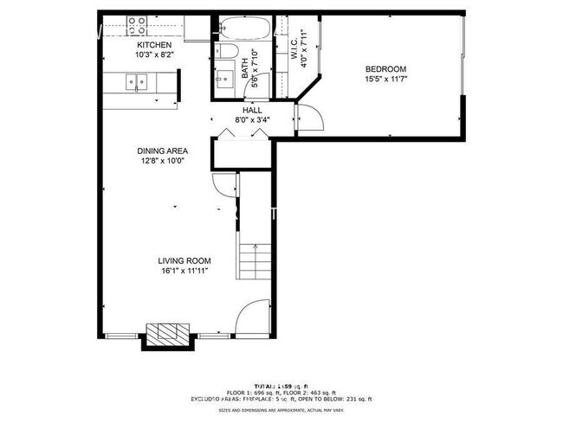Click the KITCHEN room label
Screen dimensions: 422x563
pyautogui.click(x=154, y=45)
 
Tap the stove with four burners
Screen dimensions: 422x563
pyautogui.click(x=137, y=25)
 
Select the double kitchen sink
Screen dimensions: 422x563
pyautogui.click(x=138, y=83)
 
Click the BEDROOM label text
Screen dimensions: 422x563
pyautogui.click(x=385, y=69)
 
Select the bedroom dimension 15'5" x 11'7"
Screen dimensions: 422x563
pyautogui.click(x=385, y=80)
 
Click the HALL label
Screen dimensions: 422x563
pyautogui.click(x=252, y=111)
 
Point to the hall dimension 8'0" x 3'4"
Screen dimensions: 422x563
pyautogui.click(x=252, y=120)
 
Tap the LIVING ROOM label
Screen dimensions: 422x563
pyautogui.click(x=184, y=260)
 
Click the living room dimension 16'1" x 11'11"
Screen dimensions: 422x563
pyautogui.click(x=184, y=271)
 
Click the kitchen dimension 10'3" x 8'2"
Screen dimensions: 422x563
pyautogui.click(x=154, y=55)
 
